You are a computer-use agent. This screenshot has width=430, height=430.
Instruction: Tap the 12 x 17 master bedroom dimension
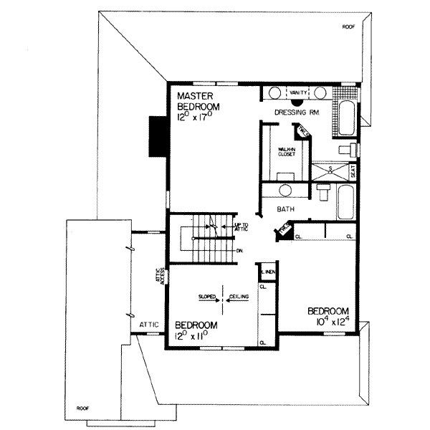[x=199, y=119]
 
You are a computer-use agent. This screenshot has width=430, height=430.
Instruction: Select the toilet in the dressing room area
[x=345, y=148]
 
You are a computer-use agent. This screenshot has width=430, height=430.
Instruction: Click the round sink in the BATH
[x=285, y=191]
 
